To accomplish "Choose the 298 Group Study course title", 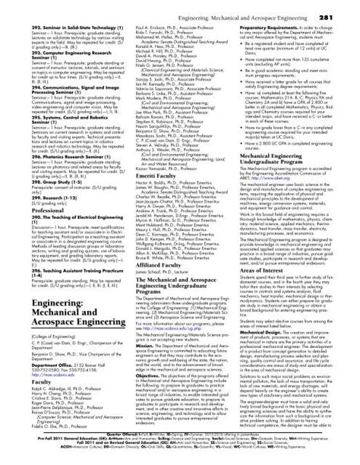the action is pos(57,204).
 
